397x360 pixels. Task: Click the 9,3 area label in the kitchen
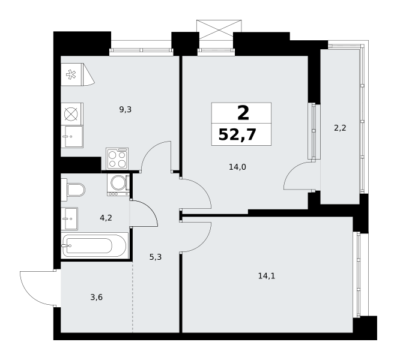(x=126, y=110)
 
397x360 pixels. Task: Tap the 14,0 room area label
(x=237, y=167)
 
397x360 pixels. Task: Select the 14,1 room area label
(x=267, y=276)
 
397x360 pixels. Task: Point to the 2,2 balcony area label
(x=340, y=128)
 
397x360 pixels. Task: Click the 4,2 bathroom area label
(x=106, y=218)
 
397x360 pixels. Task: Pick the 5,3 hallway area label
(x=155, y=257)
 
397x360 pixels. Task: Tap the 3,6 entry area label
(x=97, y=298)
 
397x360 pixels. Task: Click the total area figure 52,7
(x=237, y=134)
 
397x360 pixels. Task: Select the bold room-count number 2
(x=243, y=113)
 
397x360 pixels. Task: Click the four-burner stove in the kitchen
(x=117, y=158)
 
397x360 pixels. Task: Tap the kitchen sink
(x=73, y=137)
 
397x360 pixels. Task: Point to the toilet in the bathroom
(x=73, y=190)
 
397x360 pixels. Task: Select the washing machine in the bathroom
(x=118, y=185)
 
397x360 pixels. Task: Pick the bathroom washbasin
(x=70, y=218)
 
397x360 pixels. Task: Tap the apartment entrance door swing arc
(x=28, y=293)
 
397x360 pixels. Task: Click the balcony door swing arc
(x=292, y=170)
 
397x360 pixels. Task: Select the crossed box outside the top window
(x=219, y=29)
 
